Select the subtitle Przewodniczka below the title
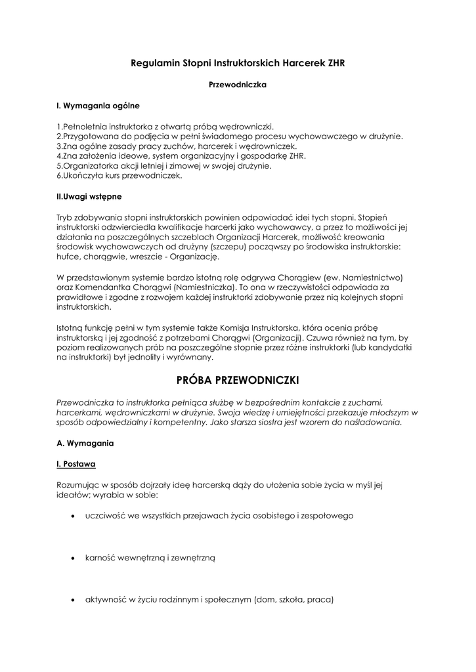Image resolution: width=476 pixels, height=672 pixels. coord(237,84)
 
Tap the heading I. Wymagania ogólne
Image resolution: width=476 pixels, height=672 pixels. coord(98,105)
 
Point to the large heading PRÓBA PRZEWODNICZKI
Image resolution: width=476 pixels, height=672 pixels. coord(238,381)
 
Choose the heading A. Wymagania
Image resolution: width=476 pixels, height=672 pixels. coord(85,443)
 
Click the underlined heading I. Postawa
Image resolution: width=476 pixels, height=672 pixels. coord(76,464)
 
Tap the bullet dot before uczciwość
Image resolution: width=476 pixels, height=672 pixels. coord(72,516)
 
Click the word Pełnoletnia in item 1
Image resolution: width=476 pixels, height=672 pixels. coord(85,126)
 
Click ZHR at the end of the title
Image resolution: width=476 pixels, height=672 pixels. coord(332,63)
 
